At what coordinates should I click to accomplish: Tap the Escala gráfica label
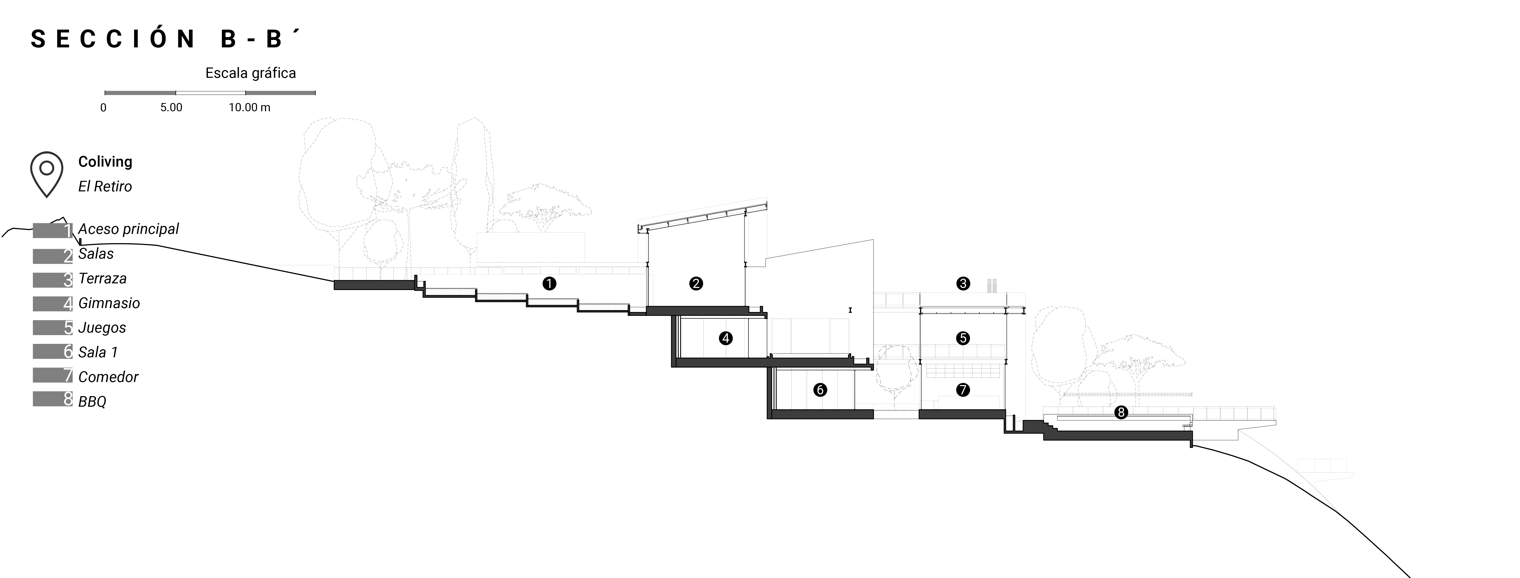pyautogui.click(x=250, y=73)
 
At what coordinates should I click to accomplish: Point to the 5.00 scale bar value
pyautogui.click(x=171, y=107)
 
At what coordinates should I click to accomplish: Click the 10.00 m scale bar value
pyautogui.click(x=250, y=107)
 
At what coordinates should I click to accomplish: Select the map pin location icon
pyautogui.click(x=47, y=174)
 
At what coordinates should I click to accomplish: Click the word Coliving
pyautogui.click(x=105, y=162)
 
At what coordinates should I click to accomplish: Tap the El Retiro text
pyautogui.click(x=105, y=186)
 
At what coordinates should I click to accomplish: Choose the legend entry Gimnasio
pyautogui.click(x=109, y=303)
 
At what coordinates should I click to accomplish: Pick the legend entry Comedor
pyautogui.click(x=108, y=377)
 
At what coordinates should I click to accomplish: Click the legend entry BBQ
pyautogui.click(x=92, y=402)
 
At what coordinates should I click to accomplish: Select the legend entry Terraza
pyautogui.click(x=102, y=279)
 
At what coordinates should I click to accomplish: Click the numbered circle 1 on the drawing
pyautogui.click(x=549, y=284)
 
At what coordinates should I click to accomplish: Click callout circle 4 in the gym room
pyautogui.click(x=726, y=338)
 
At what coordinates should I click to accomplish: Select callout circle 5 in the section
pyautogui.click(x=963, y=338)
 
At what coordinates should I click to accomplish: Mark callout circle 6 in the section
pyautogui.click(x=820, y=390)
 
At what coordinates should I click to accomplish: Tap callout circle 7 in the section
pyautogui.click(x=963, y=390)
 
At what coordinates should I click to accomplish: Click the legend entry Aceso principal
pyautogui.click(x=128, y=229)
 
